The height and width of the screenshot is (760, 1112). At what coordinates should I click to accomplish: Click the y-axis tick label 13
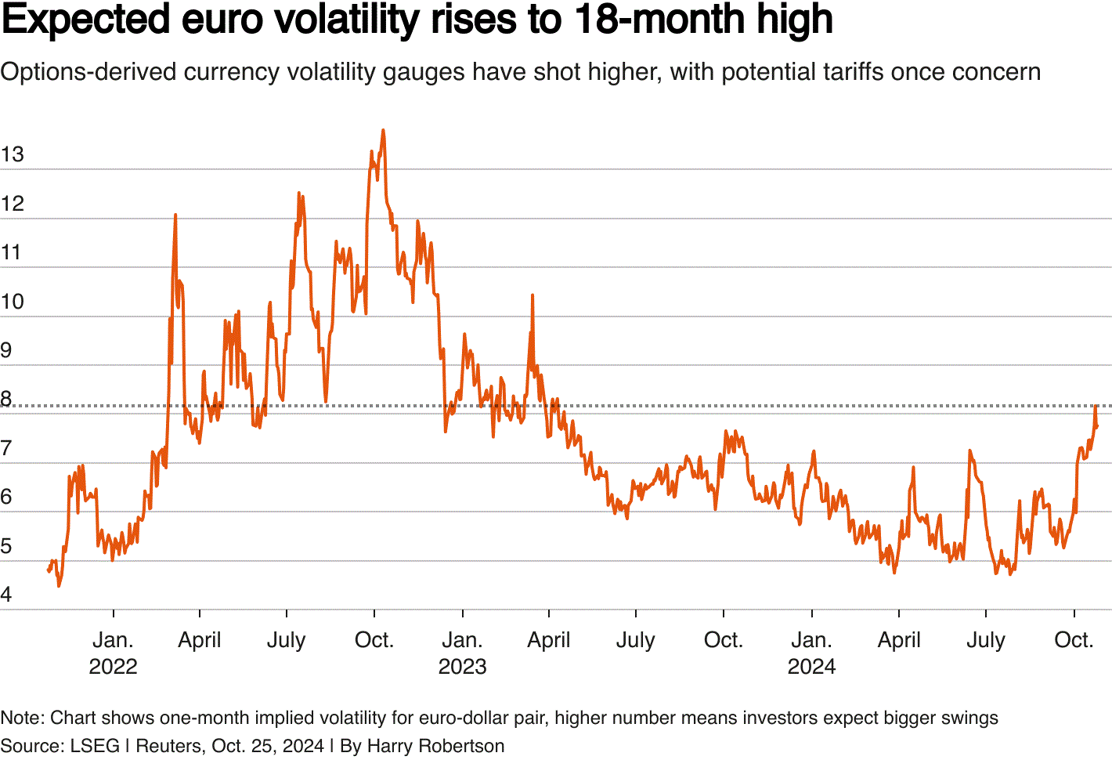[x=13, y=154]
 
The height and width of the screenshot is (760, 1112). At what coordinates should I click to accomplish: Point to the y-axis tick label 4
[x=6, y=595]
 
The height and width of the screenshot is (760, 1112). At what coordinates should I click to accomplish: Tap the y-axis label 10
[x=13, y=302]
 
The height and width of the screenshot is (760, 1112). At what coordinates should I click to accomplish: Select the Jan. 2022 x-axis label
[x=113, y=653]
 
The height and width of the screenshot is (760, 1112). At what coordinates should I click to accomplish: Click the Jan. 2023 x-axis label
[x=462, y=653]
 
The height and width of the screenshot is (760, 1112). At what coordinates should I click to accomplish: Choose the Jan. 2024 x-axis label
[x=811, y=653]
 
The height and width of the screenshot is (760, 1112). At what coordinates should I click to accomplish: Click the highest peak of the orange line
[x=383, y=130]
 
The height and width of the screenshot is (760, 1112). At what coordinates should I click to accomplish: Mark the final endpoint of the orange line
[x=1097, y=426]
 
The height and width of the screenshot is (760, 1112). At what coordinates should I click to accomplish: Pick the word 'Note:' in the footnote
[x=23, y=718]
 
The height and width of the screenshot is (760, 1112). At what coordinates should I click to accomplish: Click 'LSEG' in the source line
[x=95, y=746]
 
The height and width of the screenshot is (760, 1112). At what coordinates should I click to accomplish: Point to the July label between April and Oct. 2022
[x=286, y=640]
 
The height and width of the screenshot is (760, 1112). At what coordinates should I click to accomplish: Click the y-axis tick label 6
[x=6, y=497]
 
